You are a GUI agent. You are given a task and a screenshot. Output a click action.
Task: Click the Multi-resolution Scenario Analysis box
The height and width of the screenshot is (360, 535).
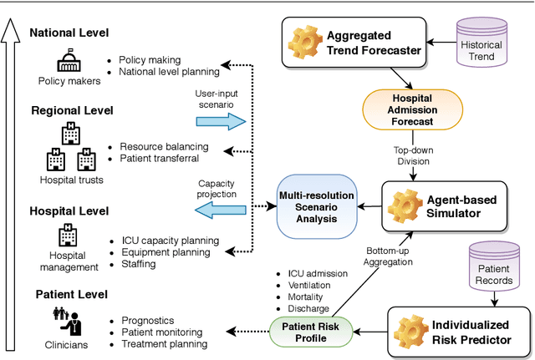[318, 205]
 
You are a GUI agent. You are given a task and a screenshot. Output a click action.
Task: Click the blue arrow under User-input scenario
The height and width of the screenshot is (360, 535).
[220, 121]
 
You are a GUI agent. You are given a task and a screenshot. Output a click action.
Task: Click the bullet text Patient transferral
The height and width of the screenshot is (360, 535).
[159, 159]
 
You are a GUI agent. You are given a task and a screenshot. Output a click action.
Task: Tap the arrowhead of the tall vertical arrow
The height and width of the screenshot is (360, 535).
[11, 28]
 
